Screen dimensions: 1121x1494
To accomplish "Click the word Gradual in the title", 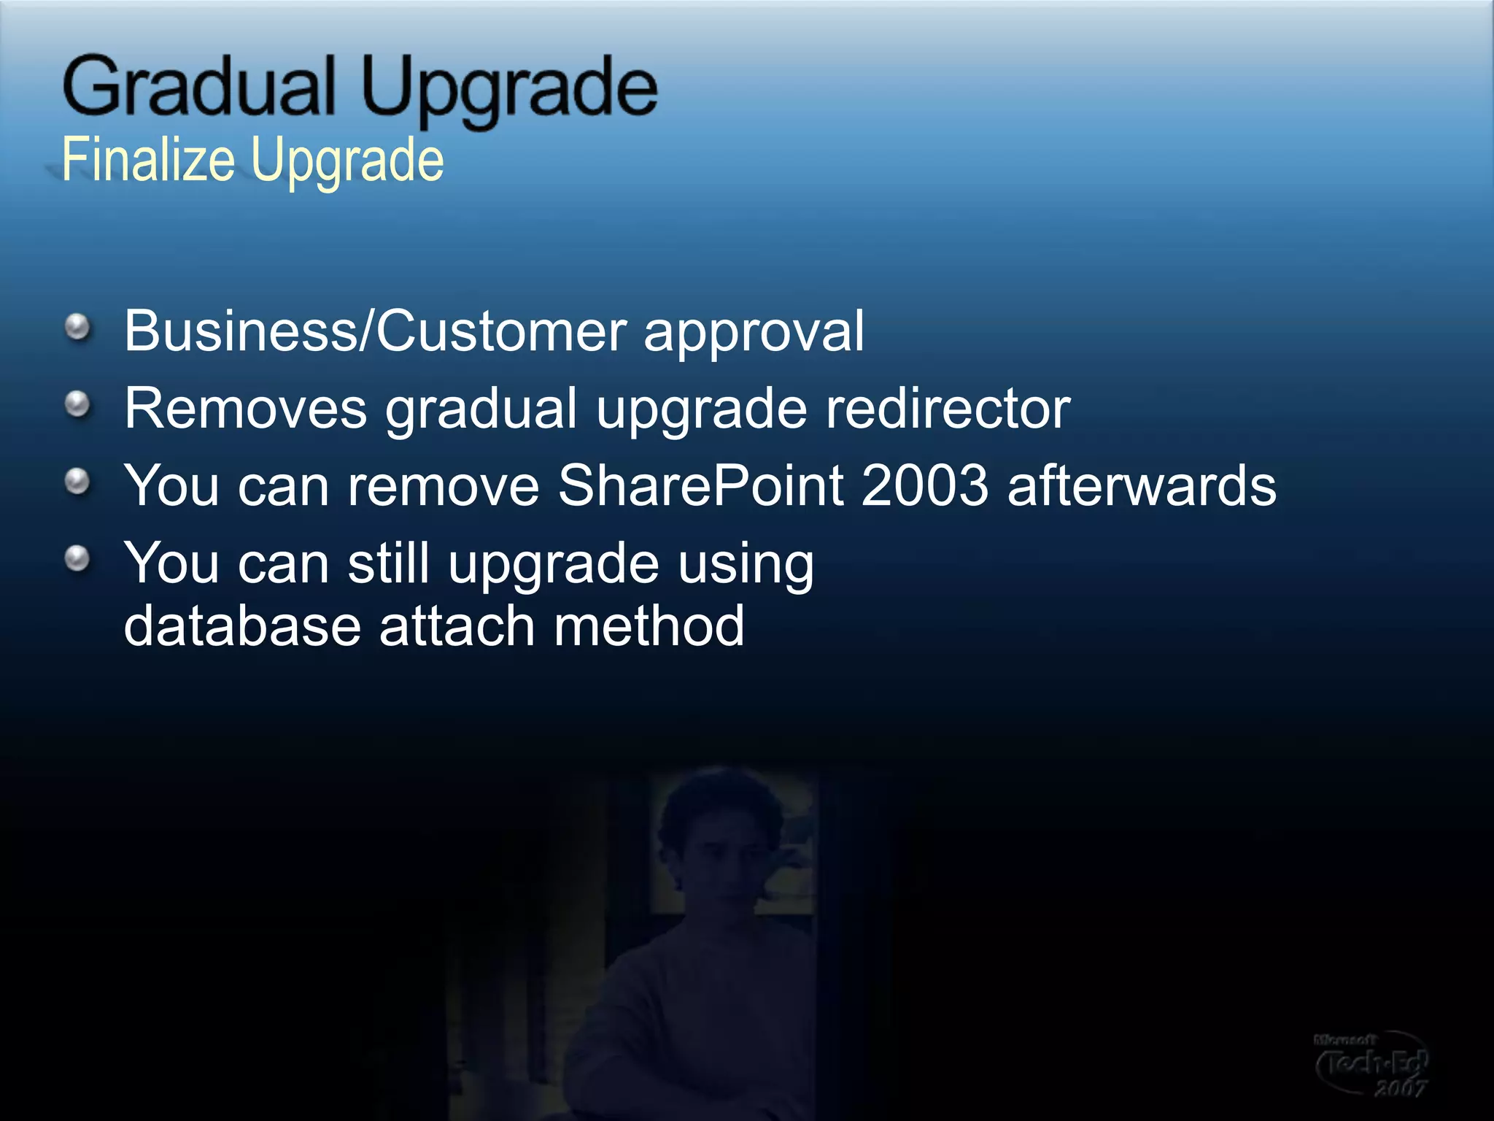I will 198,87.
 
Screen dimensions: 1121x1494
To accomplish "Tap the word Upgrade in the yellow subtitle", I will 347,162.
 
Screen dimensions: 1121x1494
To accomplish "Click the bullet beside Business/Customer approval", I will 77,328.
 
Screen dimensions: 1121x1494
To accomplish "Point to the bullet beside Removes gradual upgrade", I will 77,404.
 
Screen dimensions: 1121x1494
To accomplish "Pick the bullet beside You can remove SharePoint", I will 77,482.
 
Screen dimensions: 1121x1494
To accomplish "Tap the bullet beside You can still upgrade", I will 77,560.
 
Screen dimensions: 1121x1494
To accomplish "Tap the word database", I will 242,626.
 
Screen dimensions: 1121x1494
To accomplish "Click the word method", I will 649,626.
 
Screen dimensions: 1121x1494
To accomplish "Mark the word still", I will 388,563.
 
